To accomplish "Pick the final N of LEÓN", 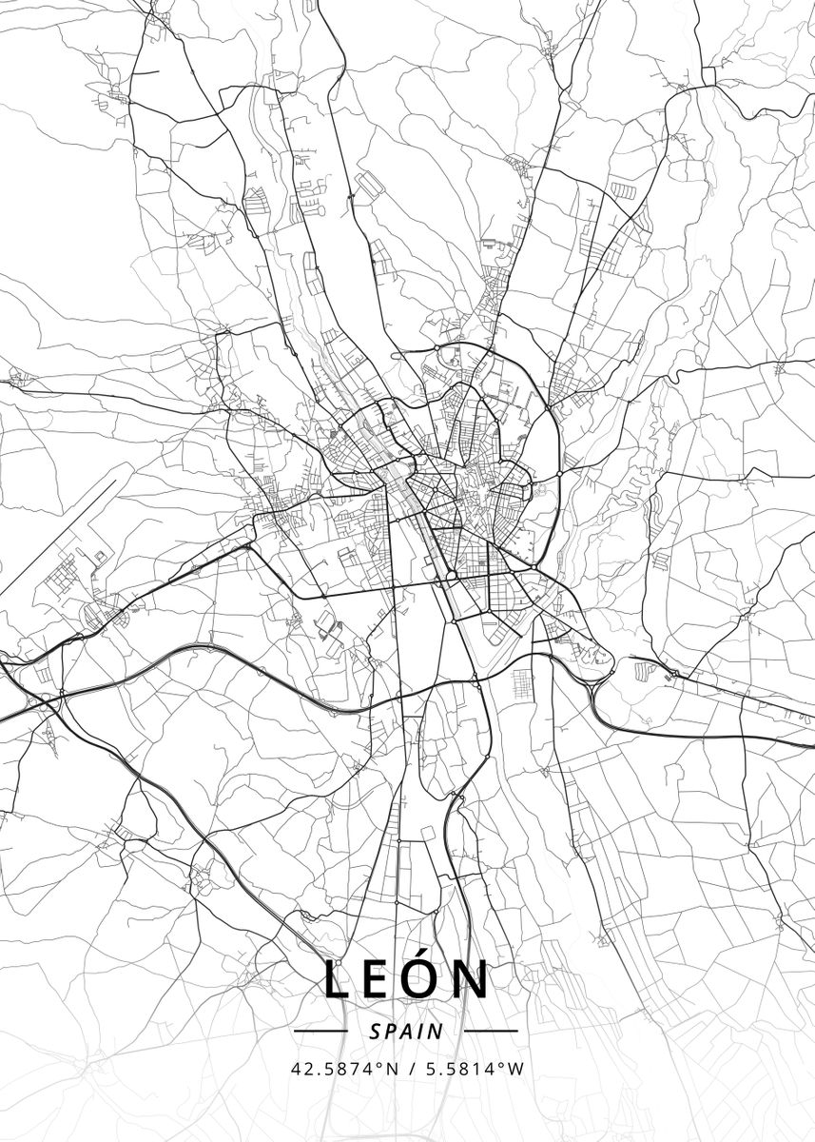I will (x=474, y=980).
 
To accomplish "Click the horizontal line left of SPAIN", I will (x=321, y=1031).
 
